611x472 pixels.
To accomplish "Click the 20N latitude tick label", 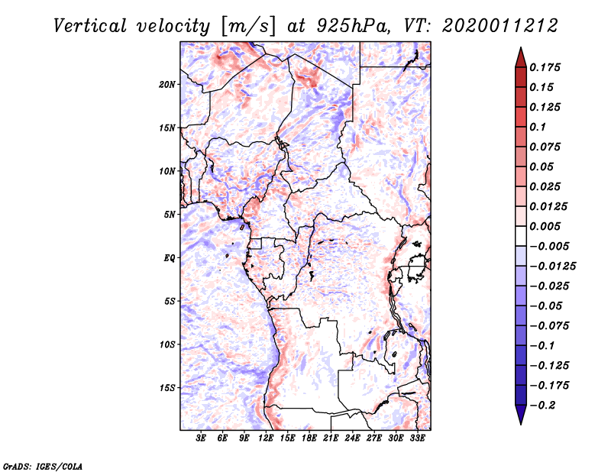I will pyautogui.click(x=168, y=84).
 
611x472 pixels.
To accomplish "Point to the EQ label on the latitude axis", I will pyautogui.click(x=170, y=257).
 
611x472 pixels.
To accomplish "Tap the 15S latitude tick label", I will pyautogui.click(x=168, y=387).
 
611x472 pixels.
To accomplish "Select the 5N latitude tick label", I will pyautogui.click(x=170, y=214).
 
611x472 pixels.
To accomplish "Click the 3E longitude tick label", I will pyautogui.click(x=202, y=438).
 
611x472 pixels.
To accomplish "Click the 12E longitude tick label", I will pyautogui.click(x=267, y=438).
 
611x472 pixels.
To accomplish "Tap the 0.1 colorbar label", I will pyautogui.click(x=540, y=127).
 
